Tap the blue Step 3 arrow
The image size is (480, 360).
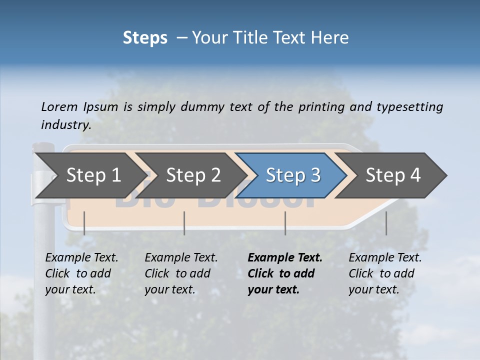pyautogui.click(x=293, y=175)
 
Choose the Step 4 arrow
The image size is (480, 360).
pyautogui.click(x=393, y=175)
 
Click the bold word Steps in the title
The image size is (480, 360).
pyautogui.click(x=145, y=38)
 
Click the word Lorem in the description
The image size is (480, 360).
pyautogui.click(x=59, y=106)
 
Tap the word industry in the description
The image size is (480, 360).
pyautogui.click(x=66, y=124)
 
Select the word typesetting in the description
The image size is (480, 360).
pyautogui.click(x=410, y=106)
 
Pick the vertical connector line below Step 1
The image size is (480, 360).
pyautogui.click(x=84, y=223)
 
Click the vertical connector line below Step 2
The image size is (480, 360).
pyautogui.click(x=184, y=223)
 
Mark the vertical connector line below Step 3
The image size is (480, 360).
pyautogui.click(x=285, y=223)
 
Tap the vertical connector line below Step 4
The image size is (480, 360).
pyautogui.click(x=386, y=223)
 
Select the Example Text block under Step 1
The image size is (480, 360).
pyautogui.click(x=81, y=273)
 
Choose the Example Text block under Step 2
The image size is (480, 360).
pyautogui.click(x=181, y=273)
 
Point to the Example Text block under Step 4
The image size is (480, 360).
pyautogui.click(x=385, y=273)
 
